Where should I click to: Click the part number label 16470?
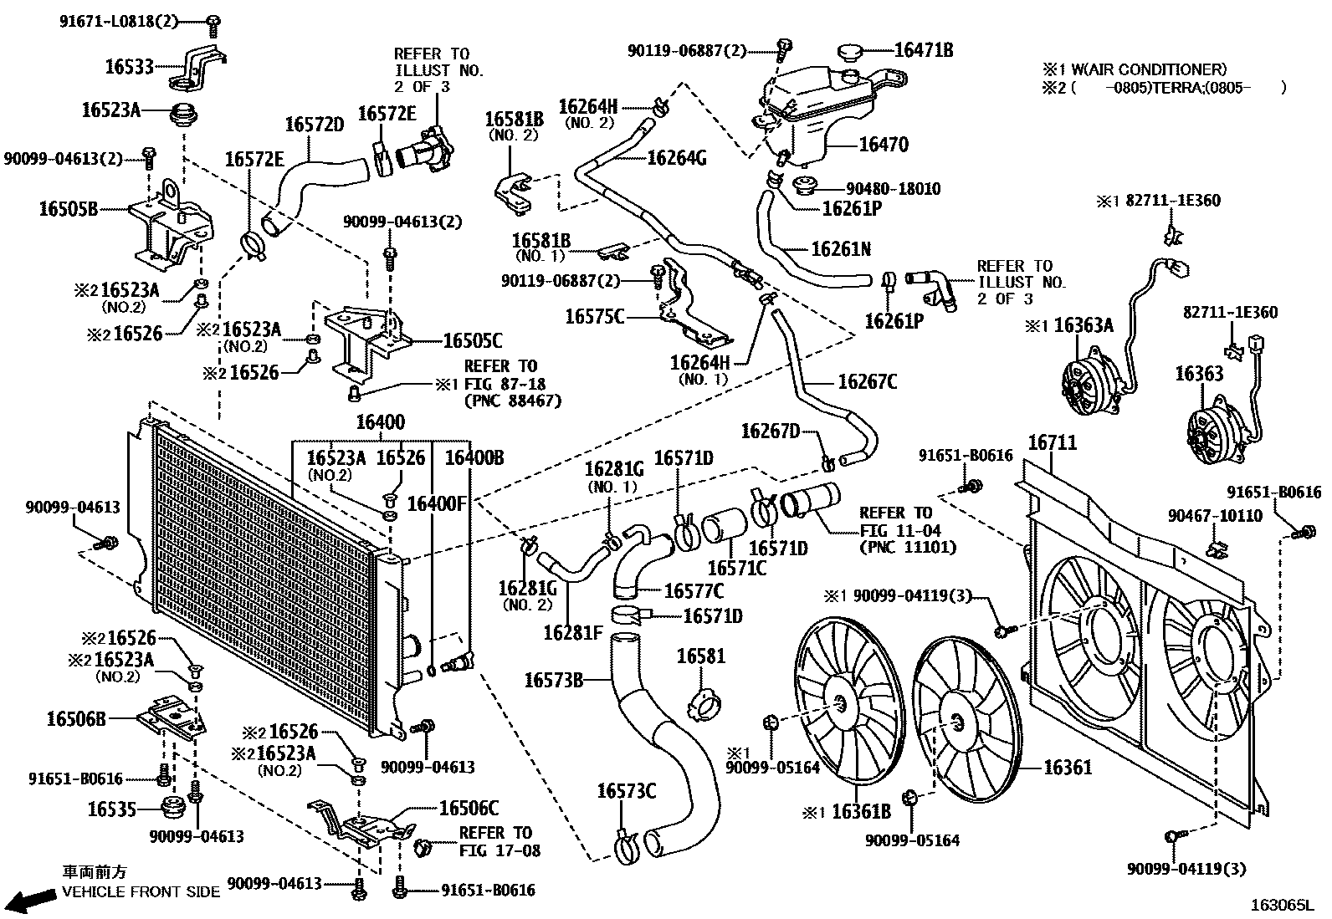click(x=884, y=145)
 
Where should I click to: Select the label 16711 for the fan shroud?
click(x=1052, y=443)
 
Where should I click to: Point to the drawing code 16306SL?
click(x=1283, y=905)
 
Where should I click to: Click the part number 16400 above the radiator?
click(x=380, y=422)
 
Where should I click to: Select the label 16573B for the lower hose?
click(x=553, y=680)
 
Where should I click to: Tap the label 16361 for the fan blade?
click(x=1068, y=767)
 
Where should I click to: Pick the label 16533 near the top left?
click(x=129, y=67)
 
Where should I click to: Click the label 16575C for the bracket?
click(x=594, y=317)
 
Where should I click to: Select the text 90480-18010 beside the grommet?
click(x=893, y=189)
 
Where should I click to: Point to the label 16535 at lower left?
click(x=112, y=809)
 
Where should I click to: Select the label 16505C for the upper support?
click(x=472, y=340)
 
